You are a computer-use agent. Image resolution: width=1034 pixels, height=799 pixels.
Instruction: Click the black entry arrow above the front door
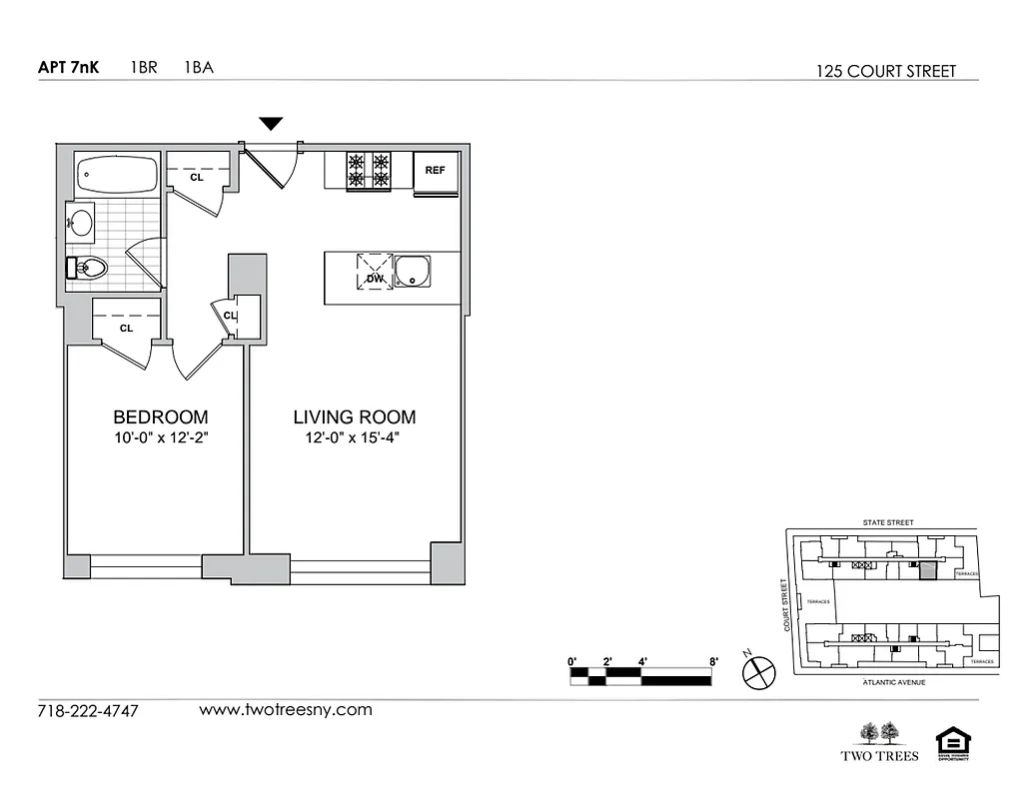click(271, 124)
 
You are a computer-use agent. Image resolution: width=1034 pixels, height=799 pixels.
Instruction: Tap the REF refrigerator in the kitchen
click(435, 171)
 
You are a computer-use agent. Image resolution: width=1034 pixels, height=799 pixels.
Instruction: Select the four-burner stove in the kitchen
click(368, 171)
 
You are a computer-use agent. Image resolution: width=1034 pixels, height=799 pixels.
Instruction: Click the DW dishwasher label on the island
click(375, 279)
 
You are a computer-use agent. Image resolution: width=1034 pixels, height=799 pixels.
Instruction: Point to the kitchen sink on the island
click(412, 272)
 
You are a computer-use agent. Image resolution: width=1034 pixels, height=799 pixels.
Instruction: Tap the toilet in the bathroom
click(88, 268)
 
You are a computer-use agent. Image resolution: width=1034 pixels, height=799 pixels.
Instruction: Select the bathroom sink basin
click(81, 222)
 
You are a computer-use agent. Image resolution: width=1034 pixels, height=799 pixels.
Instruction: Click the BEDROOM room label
click(160, 417)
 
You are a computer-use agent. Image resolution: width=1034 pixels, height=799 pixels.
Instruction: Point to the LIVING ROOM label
click(354, 417)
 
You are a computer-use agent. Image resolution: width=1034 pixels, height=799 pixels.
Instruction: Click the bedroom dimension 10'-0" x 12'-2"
click(160, 437)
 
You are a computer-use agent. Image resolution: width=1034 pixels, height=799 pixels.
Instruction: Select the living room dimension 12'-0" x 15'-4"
click(354, 437)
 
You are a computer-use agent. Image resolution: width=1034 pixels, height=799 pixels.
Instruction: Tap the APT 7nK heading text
click(68, 69)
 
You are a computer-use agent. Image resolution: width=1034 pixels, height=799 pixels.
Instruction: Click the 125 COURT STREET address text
click(885, 71)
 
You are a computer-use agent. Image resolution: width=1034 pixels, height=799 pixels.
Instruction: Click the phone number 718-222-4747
click(88, 712)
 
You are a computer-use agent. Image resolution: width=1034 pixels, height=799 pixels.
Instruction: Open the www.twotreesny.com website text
click(286, 710)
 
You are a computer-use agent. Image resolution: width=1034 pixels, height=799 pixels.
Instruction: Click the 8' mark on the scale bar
click(713, 661)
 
